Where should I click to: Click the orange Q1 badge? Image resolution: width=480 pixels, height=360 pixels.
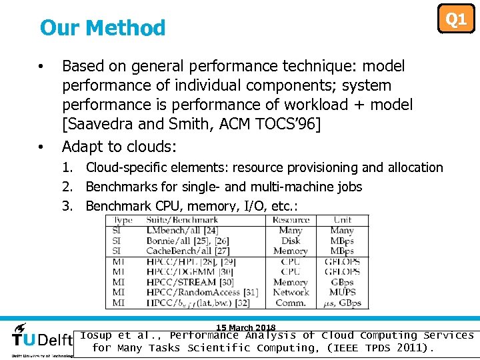tap(456, 19)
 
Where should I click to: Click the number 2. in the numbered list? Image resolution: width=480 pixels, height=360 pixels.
tap(67, 187)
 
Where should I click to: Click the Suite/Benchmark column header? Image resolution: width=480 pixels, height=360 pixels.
tap(182, 220)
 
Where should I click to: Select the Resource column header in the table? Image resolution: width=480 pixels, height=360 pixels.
tap(291, 220)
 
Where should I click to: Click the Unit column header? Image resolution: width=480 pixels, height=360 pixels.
tap(343, 220)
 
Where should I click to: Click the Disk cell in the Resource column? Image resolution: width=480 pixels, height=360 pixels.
tap(291, 241)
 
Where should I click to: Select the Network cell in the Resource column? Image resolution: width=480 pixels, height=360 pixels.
tap(291, 292)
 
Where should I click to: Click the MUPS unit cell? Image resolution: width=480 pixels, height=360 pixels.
tap(343, 292)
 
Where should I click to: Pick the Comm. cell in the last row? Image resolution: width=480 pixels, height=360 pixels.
tap(291, 303)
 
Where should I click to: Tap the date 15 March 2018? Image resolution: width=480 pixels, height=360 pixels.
tap(245, 327)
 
